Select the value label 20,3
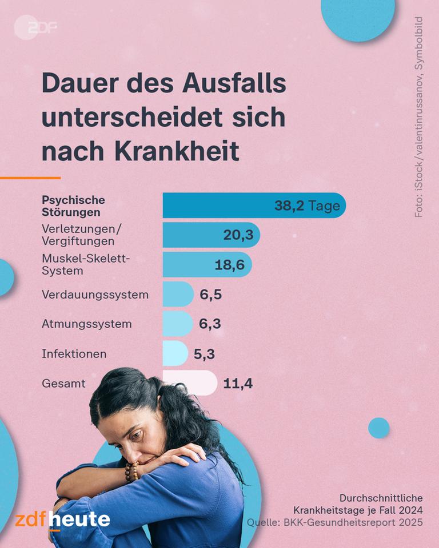click(238, 235)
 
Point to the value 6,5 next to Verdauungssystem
click(210, 295)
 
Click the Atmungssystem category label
click(86, 324)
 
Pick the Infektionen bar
click(175, 353)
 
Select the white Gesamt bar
click(189, 383)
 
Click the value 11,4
click(238, 384)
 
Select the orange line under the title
click(30, 178)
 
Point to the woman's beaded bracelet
click(132, 472)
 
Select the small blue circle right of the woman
click(378, 428)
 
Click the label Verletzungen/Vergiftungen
click(81, 235)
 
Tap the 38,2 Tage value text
click(307, 206)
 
